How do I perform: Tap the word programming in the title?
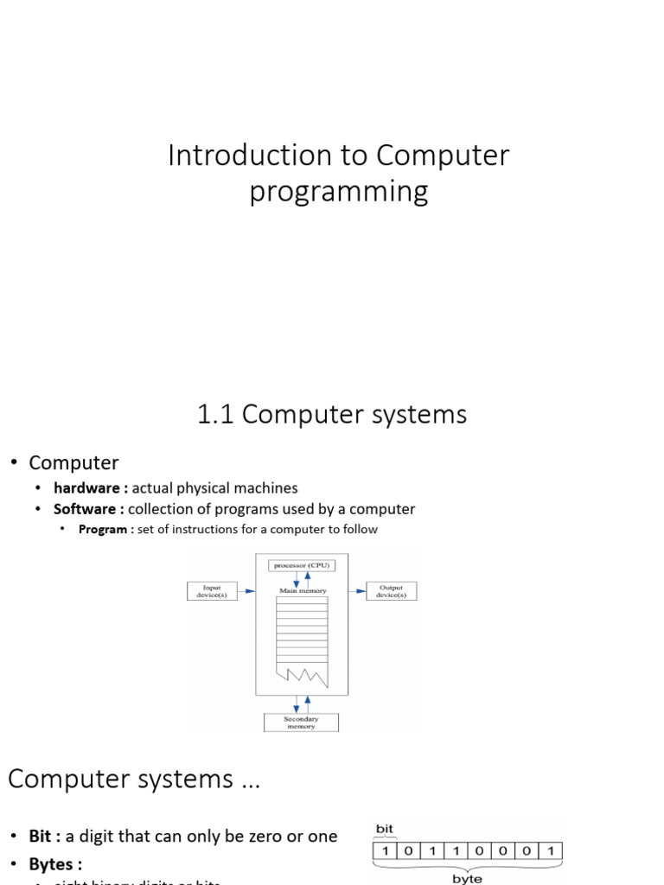click(x=339, y=191)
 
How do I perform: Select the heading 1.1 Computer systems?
click(x=332, y=414)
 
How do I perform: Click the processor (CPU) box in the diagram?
click(x=301, y=565)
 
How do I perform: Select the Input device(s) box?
click(x=211, y=591)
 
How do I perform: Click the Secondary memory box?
click(x=301, y=723)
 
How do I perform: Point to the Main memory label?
click(x=301, y=591)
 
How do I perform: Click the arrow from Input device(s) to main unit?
click(x=246, y=591)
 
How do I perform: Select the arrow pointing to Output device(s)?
click(x=358, y=591)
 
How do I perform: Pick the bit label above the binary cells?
click(x=384, y=829)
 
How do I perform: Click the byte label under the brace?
click(x=468, y=878)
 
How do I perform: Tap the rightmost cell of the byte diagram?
click(x=551, y=850)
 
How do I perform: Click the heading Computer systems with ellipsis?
click(x=133, y=779)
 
